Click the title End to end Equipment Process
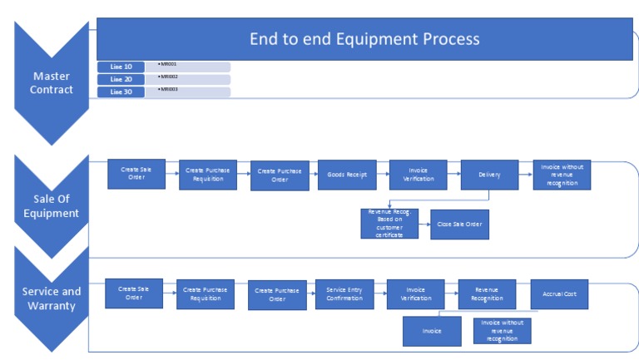(364, 39)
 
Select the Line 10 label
(121, 67)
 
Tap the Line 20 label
(121, 79)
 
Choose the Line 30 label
(121, 91)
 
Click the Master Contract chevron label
(52, 83)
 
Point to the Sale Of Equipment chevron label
(52, 205)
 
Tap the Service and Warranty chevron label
(52, 298)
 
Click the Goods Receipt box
(347, 175)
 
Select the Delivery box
(489, 175)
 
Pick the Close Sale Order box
(459, 224)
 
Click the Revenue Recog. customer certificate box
(389, 224)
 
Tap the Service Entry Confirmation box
(344, 294)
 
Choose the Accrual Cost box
(559, 293)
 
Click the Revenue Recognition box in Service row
(487, 293)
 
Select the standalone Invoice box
(431, 330)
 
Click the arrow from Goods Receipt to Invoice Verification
(383, 175)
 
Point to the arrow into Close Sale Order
(424, 224)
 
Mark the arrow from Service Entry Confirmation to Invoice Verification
(379, 294)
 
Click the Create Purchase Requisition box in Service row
(206, 294)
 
